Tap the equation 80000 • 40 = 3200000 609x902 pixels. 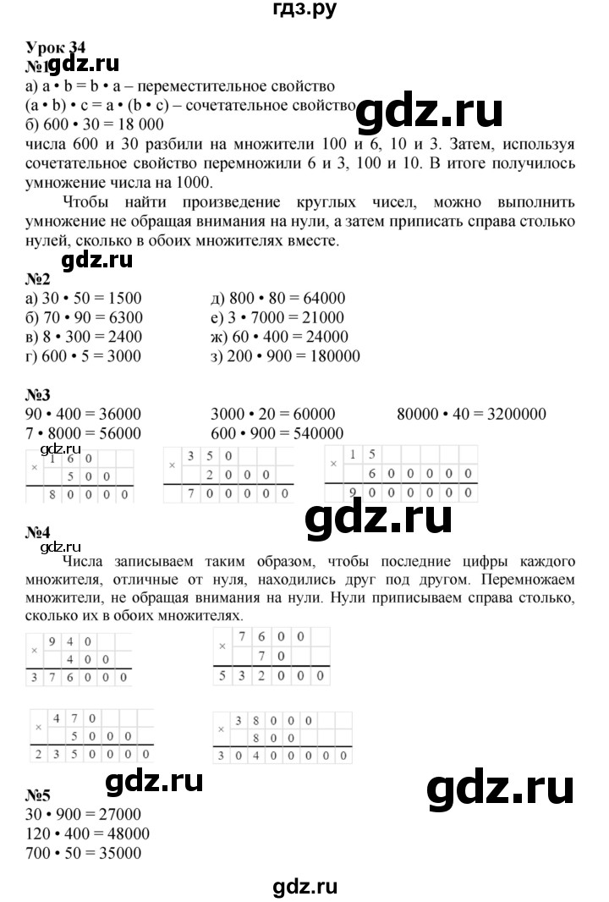point(471,415)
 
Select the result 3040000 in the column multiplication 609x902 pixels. point(284,754)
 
